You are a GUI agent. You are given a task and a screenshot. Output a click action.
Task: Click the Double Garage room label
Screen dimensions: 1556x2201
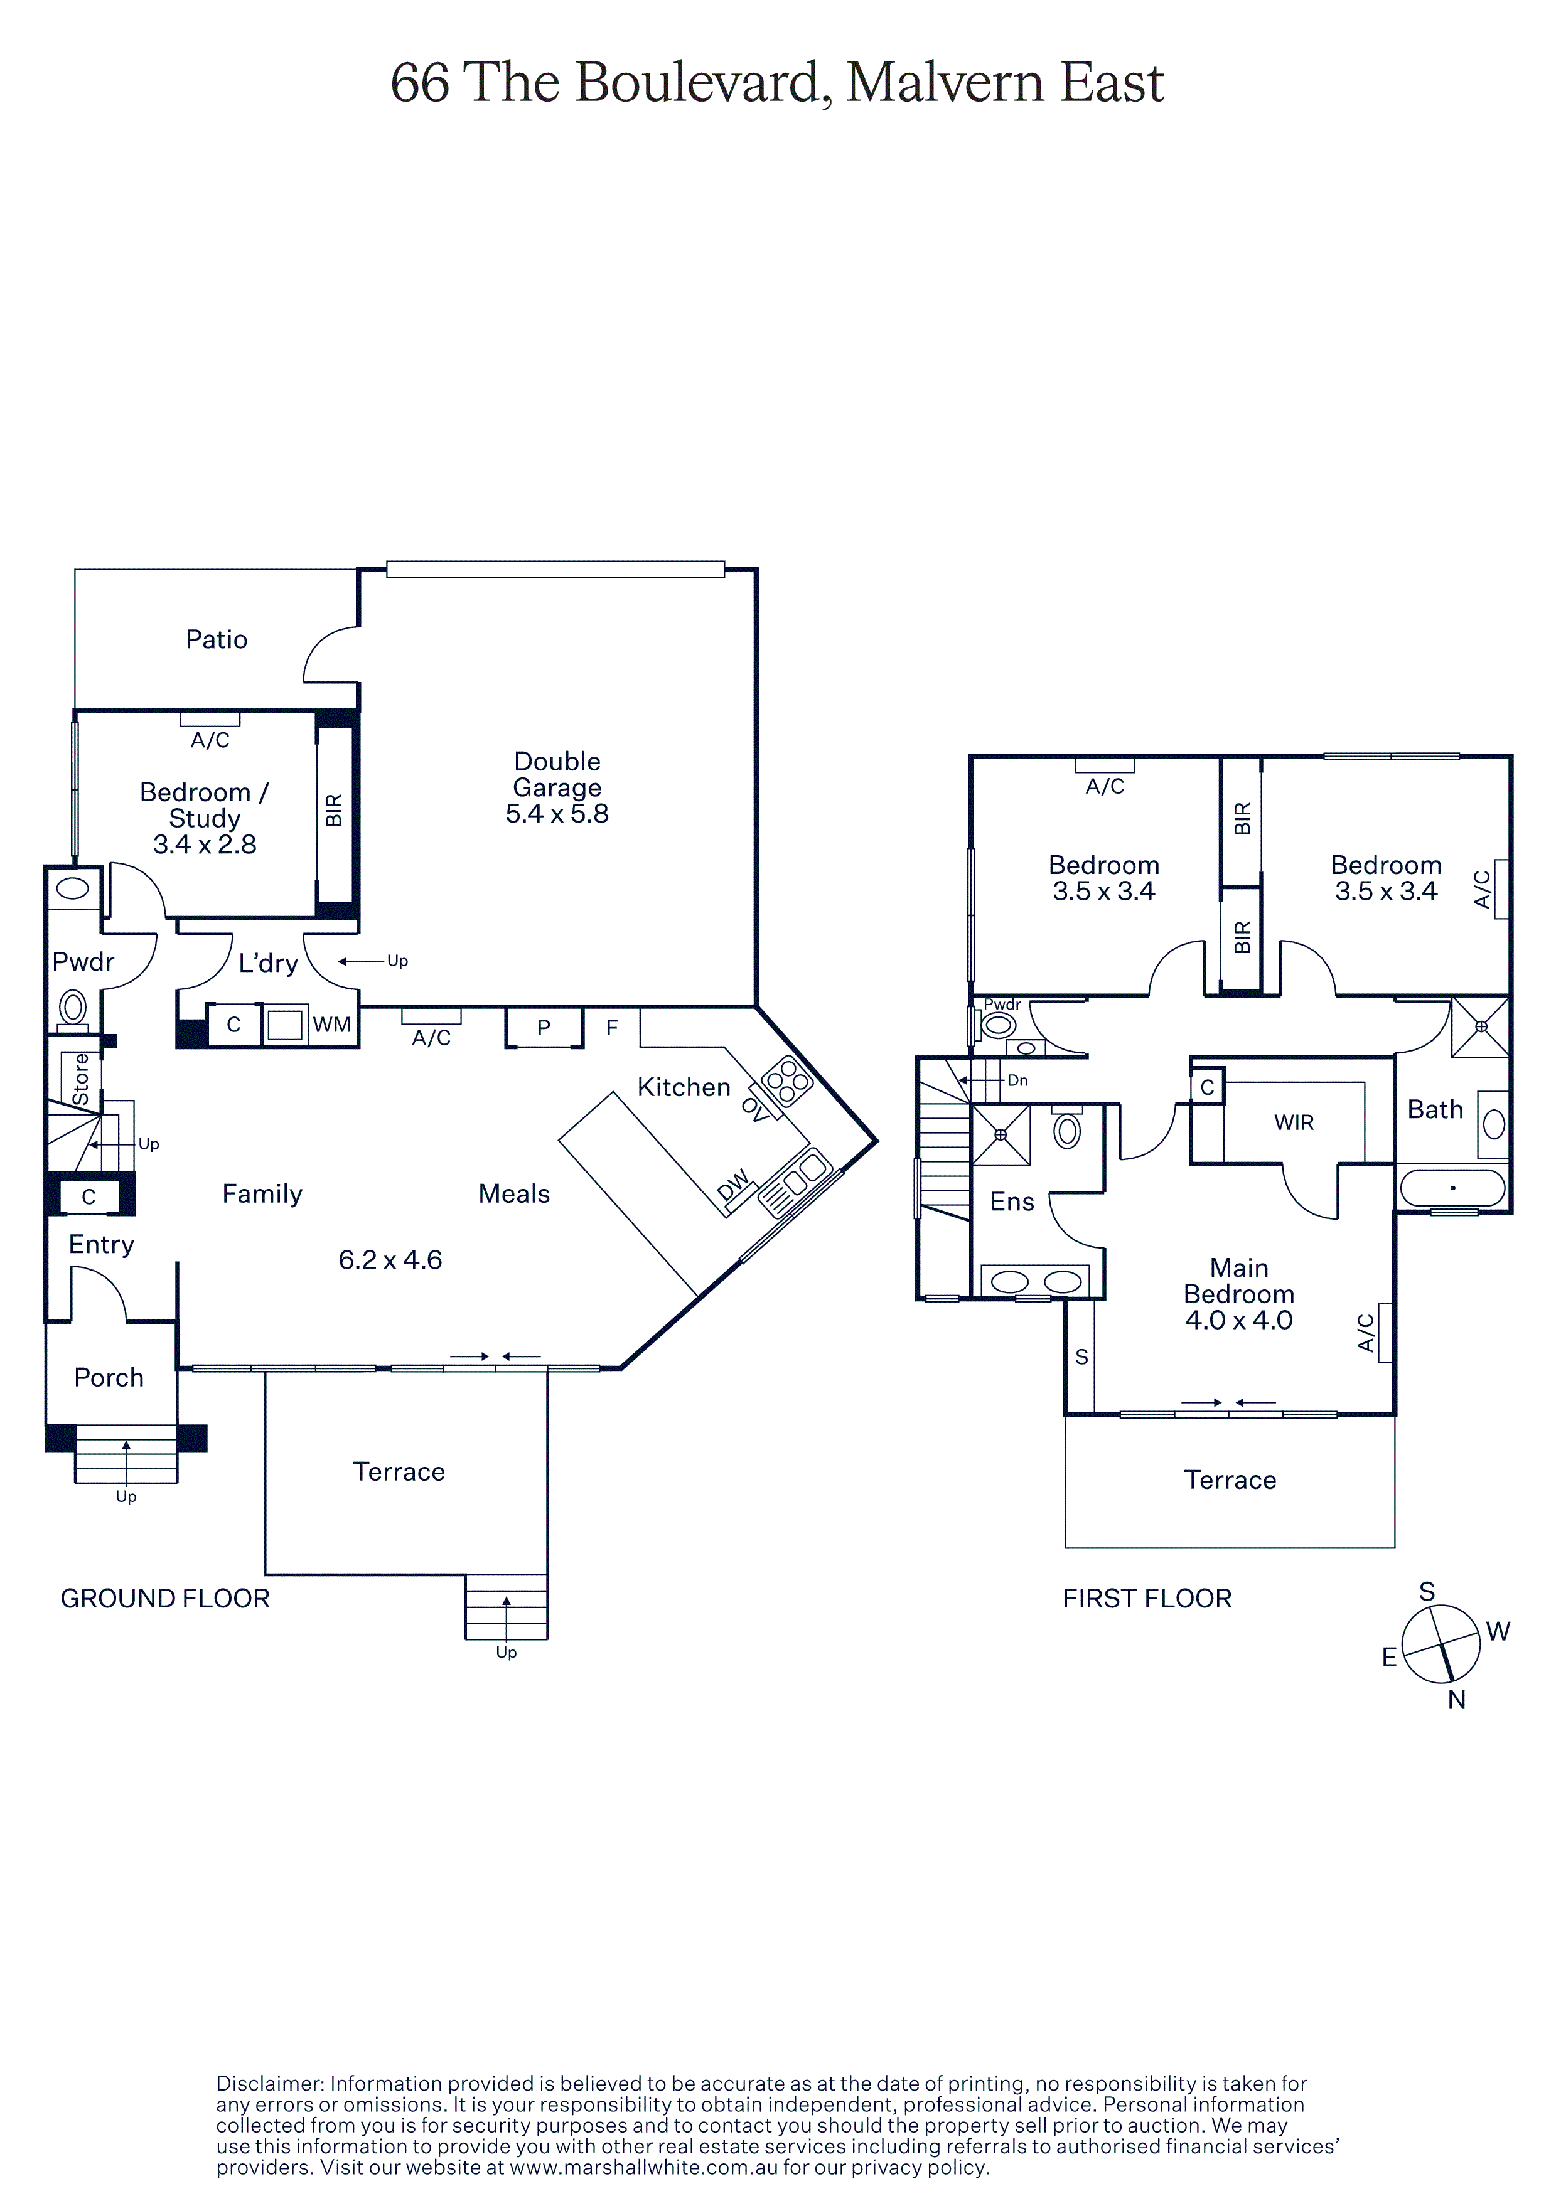(557, 787)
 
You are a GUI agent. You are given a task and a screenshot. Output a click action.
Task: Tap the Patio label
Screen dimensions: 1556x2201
(217, 639)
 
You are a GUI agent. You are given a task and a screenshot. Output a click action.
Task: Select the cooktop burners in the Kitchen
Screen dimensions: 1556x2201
(787, 1081)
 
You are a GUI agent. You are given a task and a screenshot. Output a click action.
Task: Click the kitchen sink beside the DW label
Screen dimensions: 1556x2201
(795, 1182)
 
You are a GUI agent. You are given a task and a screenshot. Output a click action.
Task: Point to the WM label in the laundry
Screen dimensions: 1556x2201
(331, 1025)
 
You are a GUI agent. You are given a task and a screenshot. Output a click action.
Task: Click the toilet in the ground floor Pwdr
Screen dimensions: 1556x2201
(73, 1008)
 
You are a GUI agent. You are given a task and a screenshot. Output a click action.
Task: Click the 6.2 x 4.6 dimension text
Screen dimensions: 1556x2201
(390, 1260)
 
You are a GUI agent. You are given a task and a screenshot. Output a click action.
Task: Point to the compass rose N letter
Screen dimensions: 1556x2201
(1456, 1700)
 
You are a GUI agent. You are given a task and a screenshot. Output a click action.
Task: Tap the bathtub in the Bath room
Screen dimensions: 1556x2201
(1452, 1188)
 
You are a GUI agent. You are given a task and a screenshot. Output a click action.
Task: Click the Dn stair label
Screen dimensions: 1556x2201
(1017, 1080)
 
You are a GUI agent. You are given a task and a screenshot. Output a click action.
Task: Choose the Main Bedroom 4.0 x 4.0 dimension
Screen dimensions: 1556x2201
(1238, 1320)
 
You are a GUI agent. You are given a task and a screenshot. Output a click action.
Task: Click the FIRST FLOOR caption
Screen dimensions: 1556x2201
(1147, 1598)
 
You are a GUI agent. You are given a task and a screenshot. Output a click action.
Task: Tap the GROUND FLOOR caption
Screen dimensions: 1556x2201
(165, 1598)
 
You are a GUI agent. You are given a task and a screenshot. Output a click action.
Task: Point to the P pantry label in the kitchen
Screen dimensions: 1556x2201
(544, 1028)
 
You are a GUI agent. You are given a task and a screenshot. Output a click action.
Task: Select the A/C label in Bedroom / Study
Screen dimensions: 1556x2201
(210, 740)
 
